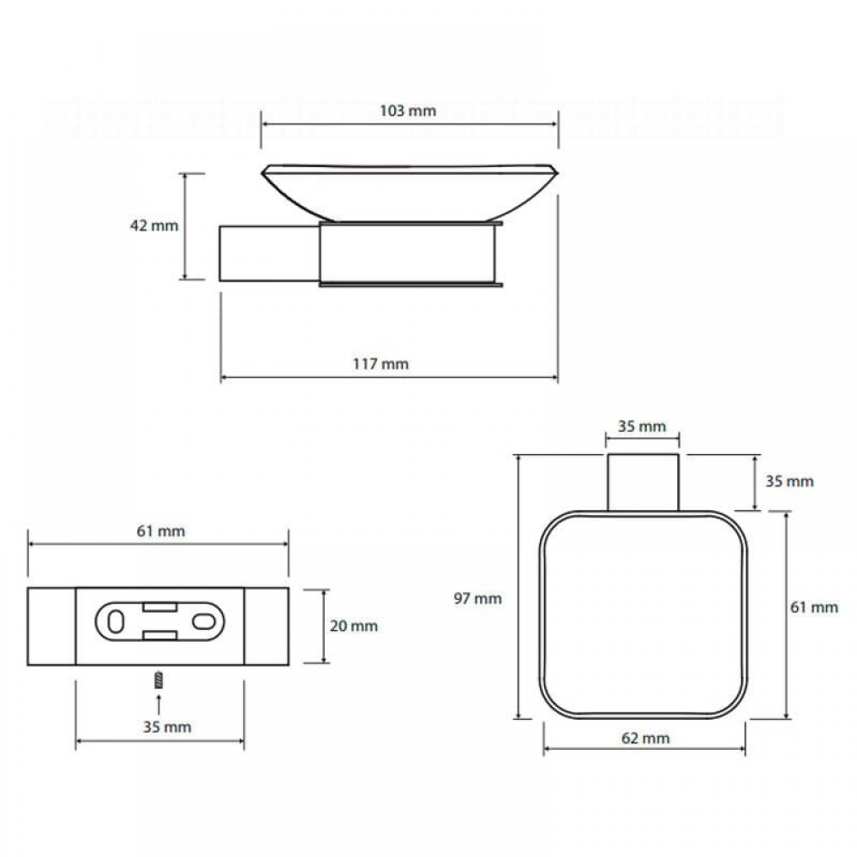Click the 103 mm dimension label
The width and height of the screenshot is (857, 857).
tap(408, 111)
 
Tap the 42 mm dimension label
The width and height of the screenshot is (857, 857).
tap(154, 225)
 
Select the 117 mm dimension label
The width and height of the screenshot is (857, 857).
tap(381, 363)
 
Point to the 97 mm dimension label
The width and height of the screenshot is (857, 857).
tap(477, 598)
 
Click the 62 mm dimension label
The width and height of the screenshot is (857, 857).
tap(645, 739)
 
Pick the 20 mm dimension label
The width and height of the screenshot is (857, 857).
tap(354, 626)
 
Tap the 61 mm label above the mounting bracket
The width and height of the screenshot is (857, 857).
tap(161, 530)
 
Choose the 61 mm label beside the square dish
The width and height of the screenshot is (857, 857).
tap(814, 608)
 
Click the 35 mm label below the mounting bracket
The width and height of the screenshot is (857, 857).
tap(167, 727)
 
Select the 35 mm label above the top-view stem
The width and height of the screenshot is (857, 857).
tap(642, 426)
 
